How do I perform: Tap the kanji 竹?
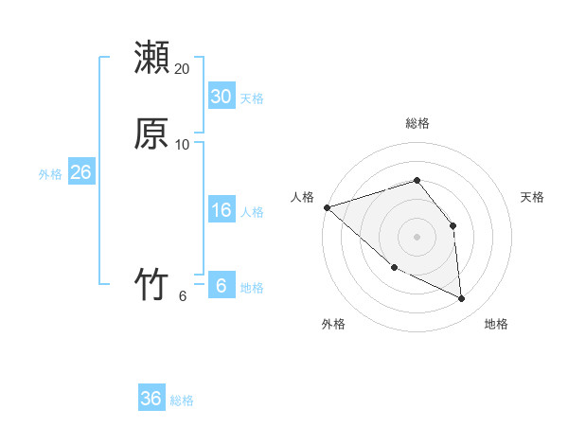pyautogui.click(x=151, y=283)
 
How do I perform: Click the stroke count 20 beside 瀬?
pyautogui.click(x=183, y=69)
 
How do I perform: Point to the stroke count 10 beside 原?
pyautogui.click(x=183, y=144)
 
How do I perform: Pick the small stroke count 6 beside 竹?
pyautogui.click(x=183, y=295)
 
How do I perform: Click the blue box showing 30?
pyautogui.click(x=221, y=97)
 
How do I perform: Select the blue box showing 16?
pyautogui.click(x=221, y=210)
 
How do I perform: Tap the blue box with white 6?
pyautogui.click(x=221, y=286)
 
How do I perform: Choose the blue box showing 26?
pyautogui.click(x=80, y=172)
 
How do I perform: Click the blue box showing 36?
pyautogui.click(x=151, y=399)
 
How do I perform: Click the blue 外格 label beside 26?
pyautogui.click(x=50, y=174)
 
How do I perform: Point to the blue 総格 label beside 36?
pyautogui.click(x=182, y=400)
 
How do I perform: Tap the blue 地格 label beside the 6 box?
pyautogui.click(x=252, y=288)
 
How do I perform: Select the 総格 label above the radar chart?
pyautogui.click(x=417, y=123)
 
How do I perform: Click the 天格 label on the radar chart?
pyautogui.click(x=533, y=197)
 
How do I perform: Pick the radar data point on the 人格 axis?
pyautogui.click(x=327, y=206)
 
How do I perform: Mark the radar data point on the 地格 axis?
pyautogui.click(x=462, y=298)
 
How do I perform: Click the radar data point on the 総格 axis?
pyautogui.click(x=417, y=180)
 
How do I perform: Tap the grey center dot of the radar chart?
pyautogui.click(x=417, y=236)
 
